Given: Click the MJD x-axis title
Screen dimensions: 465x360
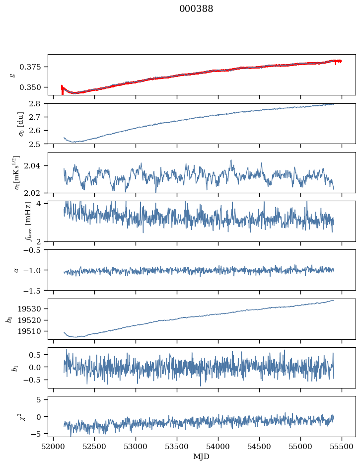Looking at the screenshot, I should (x=202, y=456).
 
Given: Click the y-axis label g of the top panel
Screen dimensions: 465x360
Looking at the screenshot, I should (x=13, y=75).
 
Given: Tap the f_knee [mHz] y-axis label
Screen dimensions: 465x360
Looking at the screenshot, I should (x=13, y=222).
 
